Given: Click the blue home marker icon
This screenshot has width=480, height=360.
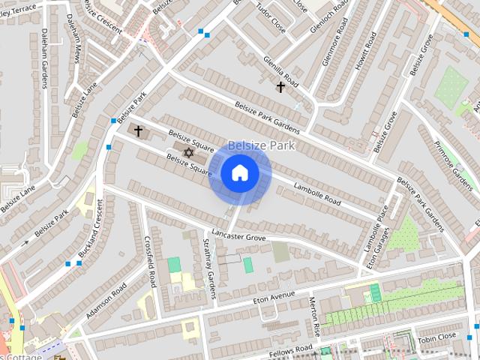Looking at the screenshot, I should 240,173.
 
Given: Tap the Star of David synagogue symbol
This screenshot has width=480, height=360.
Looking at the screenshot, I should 188,152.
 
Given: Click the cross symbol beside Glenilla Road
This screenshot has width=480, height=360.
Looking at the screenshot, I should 281,87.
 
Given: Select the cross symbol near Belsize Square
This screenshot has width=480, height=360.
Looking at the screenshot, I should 138,131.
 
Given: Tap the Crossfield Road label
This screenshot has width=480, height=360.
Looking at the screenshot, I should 148,262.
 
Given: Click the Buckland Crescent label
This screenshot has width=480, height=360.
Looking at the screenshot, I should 93,225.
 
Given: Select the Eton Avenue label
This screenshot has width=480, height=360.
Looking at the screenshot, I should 272,298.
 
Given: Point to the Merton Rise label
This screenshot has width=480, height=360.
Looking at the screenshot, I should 315,316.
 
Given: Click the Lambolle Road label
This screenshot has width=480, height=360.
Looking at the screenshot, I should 317,194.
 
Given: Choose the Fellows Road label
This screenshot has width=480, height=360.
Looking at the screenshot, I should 292,349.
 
